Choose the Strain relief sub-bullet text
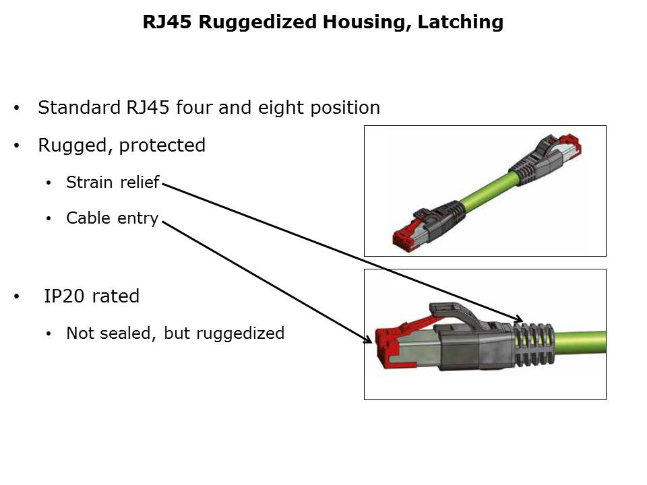[113, 182]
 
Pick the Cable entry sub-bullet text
[112, 218]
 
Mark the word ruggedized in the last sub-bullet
[243, 333]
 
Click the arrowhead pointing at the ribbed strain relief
[518, 319]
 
